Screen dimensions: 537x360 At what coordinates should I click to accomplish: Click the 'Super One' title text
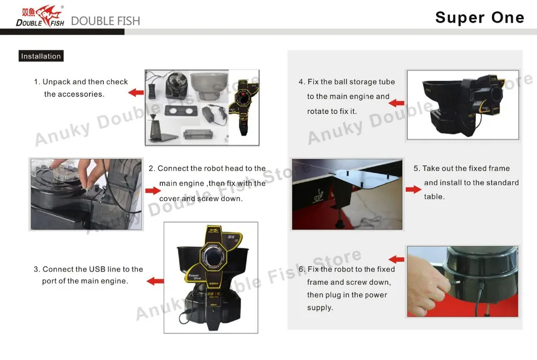(480, 18)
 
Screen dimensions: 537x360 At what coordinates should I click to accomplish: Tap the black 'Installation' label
(41, 56)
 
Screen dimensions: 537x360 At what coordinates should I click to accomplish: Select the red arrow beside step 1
(136, 92)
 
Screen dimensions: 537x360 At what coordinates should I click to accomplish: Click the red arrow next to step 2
(153, 190)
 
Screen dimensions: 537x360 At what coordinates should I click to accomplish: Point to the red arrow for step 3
(155, 281)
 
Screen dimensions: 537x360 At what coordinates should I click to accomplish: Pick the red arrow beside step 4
(397, 102)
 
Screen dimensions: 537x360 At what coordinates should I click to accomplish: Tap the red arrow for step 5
(413, 189)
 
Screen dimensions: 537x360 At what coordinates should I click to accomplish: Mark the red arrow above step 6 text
(397, 259)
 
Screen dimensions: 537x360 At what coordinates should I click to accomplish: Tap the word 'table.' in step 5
(434, 196)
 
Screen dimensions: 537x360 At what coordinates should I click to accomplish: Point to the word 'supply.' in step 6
(320, 307)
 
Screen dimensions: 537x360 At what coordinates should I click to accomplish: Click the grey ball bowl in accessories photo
(209, 85)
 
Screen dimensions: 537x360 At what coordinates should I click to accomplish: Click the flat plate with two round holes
(182, 111)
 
